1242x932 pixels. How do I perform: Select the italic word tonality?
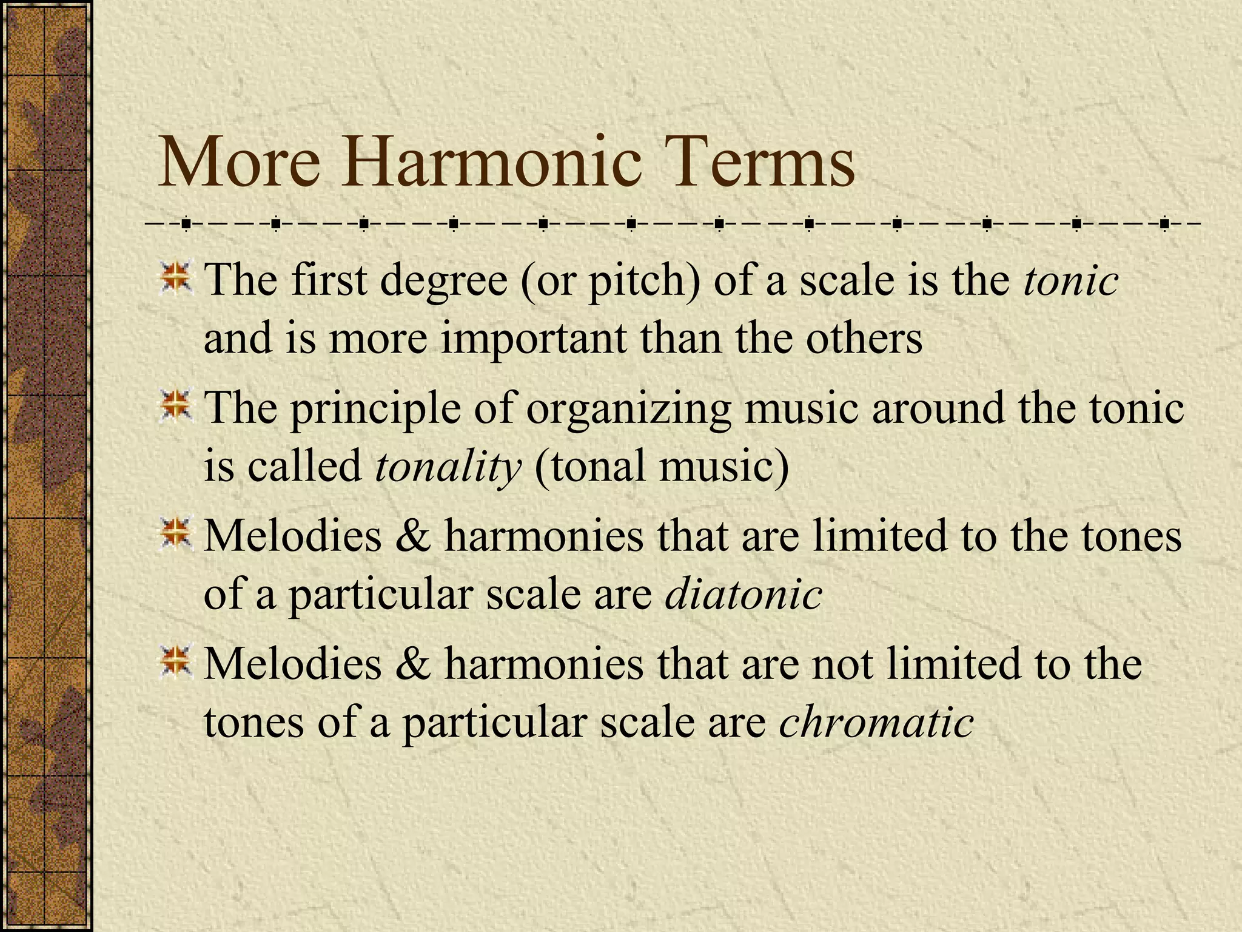point(448,467)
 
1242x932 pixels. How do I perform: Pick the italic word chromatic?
point(876,722)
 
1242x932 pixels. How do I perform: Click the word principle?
point(375,408)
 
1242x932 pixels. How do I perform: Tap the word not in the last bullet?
point(843,663)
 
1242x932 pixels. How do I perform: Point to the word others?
point(864,338)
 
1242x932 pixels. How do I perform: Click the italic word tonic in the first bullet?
point(1070,281)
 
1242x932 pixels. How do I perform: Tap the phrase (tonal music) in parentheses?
point(662,467)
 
